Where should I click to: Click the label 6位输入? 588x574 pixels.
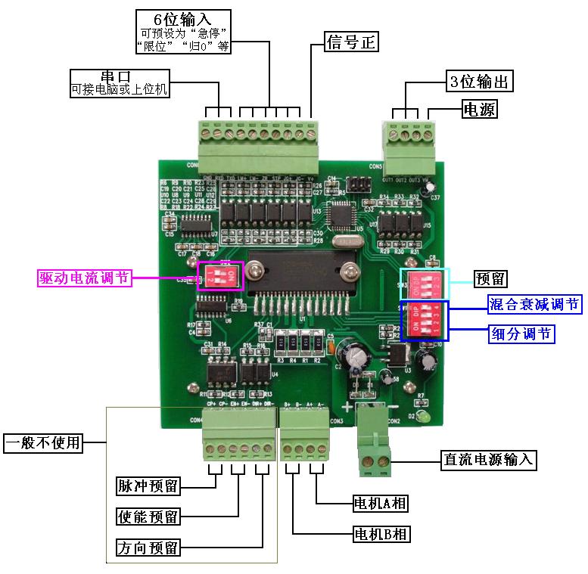182,18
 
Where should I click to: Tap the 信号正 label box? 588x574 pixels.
350,41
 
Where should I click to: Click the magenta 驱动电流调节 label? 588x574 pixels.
85,278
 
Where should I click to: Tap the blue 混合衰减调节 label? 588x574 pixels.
534,305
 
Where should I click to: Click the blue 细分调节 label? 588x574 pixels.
522,334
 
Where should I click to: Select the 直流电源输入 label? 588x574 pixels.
488,459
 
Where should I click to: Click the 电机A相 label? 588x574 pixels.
381,503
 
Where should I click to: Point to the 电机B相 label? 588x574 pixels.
381,535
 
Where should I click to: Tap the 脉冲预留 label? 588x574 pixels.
148,485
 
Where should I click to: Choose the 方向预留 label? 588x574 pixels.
148,548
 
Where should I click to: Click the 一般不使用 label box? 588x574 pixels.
43,442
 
